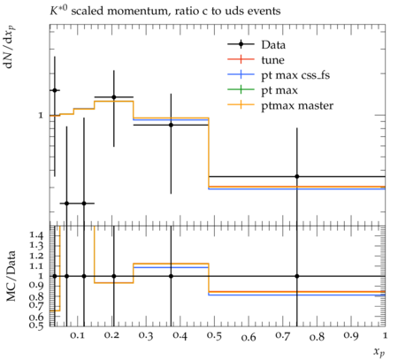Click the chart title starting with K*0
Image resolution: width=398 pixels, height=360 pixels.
pos(165,11)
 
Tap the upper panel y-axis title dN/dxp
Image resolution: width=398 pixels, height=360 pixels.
pos(10,48)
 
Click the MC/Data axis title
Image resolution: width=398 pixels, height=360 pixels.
pos(11,276)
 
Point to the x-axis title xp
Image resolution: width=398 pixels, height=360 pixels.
pos(379,352)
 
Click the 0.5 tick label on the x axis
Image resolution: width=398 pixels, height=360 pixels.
pos(214,336)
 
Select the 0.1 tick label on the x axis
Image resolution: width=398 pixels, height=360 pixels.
pos(77,335)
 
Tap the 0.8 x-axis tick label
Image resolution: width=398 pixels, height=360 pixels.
pos(317,336)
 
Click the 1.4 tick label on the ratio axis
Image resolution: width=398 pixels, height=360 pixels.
pos(36,235)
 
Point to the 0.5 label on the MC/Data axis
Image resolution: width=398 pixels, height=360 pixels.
pos(36,325)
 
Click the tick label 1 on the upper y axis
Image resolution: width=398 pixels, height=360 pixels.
pos(41,115)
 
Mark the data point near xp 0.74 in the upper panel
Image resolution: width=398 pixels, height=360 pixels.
pos(297,176)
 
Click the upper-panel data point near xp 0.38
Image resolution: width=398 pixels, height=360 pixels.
pos(171,125)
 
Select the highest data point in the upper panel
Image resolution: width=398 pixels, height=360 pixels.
pos(55,90)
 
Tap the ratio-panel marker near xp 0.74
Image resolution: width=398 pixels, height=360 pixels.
pos(297,276)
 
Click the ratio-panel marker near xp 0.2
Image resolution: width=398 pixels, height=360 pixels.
pos(114,276)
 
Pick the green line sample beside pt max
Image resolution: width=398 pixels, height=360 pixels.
pos(241,90)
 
